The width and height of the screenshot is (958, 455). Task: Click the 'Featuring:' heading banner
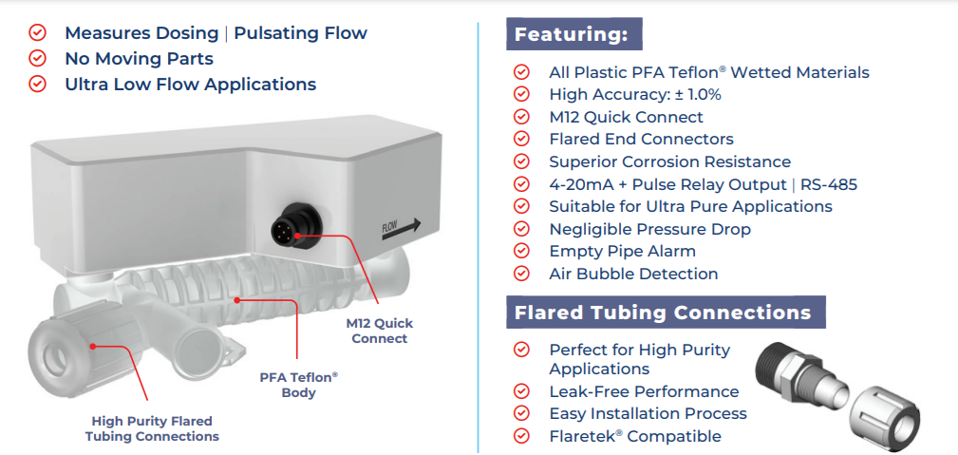click(x=573, y=35)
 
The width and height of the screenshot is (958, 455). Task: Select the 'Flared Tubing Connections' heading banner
click(x=663, y=312)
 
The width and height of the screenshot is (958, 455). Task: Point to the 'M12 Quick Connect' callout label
click(x=380, y=331)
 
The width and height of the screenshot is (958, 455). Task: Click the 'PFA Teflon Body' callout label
click(x=298, y=385)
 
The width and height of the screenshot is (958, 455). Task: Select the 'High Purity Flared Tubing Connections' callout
click(x=152, y=428)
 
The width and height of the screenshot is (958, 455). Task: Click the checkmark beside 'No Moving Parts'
click(x=38, y=59)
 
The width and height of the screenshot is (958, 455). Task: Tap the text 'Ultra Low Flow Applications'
click(x=190, y=85)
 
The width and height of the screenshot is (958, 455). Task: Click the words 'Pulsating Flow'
click(x=300, y=33)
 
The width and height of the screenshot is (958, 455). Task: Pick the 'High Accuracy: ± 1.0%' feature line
click(x=634, y=94)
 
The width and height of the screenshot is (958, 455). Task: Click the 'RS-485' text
click(x=828, y=184)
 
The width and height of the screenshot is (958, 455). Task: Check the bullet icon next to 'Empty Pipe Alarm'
click(x=521, y=252)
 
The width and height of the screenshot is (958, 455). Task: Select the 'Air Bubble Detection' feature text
click(x=633, y=274)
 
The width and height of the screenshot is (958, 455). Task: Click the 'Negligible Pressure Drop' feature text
click(x=649, y=229)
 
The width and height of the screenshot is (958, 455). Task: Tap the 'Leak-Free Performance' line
click(x=644, y=391)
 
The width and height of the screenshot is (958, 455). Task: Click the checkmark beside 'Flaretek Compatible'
click(x=521, y=436)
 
